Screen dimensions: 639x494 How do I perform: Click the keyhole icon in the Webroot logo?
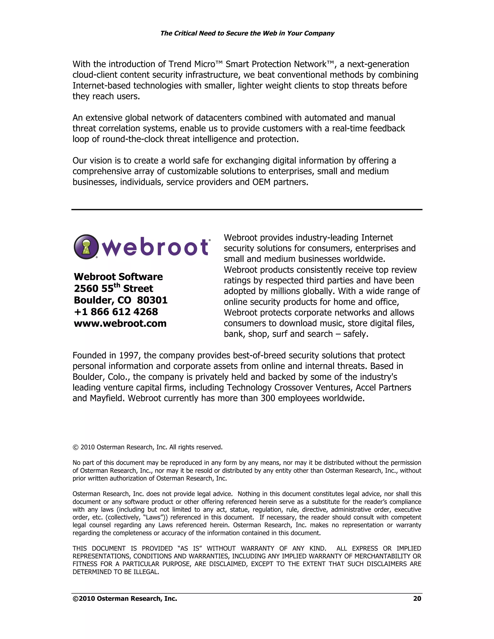86,247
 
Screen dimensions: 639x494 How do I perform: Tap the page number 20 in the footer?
417,599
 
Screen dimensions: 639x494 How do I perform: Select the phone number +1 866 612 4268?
116,312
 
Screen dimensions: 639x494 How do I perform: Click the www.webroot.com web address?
120,324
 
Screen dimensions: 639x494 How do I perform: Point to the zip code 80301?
152,300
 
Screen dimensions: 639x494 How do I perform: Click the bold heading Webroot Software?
118,277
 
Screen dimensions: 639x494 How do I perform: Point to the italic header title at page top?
247,33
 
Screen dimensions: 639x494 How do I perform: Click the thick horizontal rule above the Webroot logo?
247,210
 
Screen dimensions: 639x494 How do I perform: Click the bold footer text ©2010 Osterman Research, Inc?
125,599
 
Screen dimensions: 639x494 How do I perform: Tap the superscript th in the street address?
117,285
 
